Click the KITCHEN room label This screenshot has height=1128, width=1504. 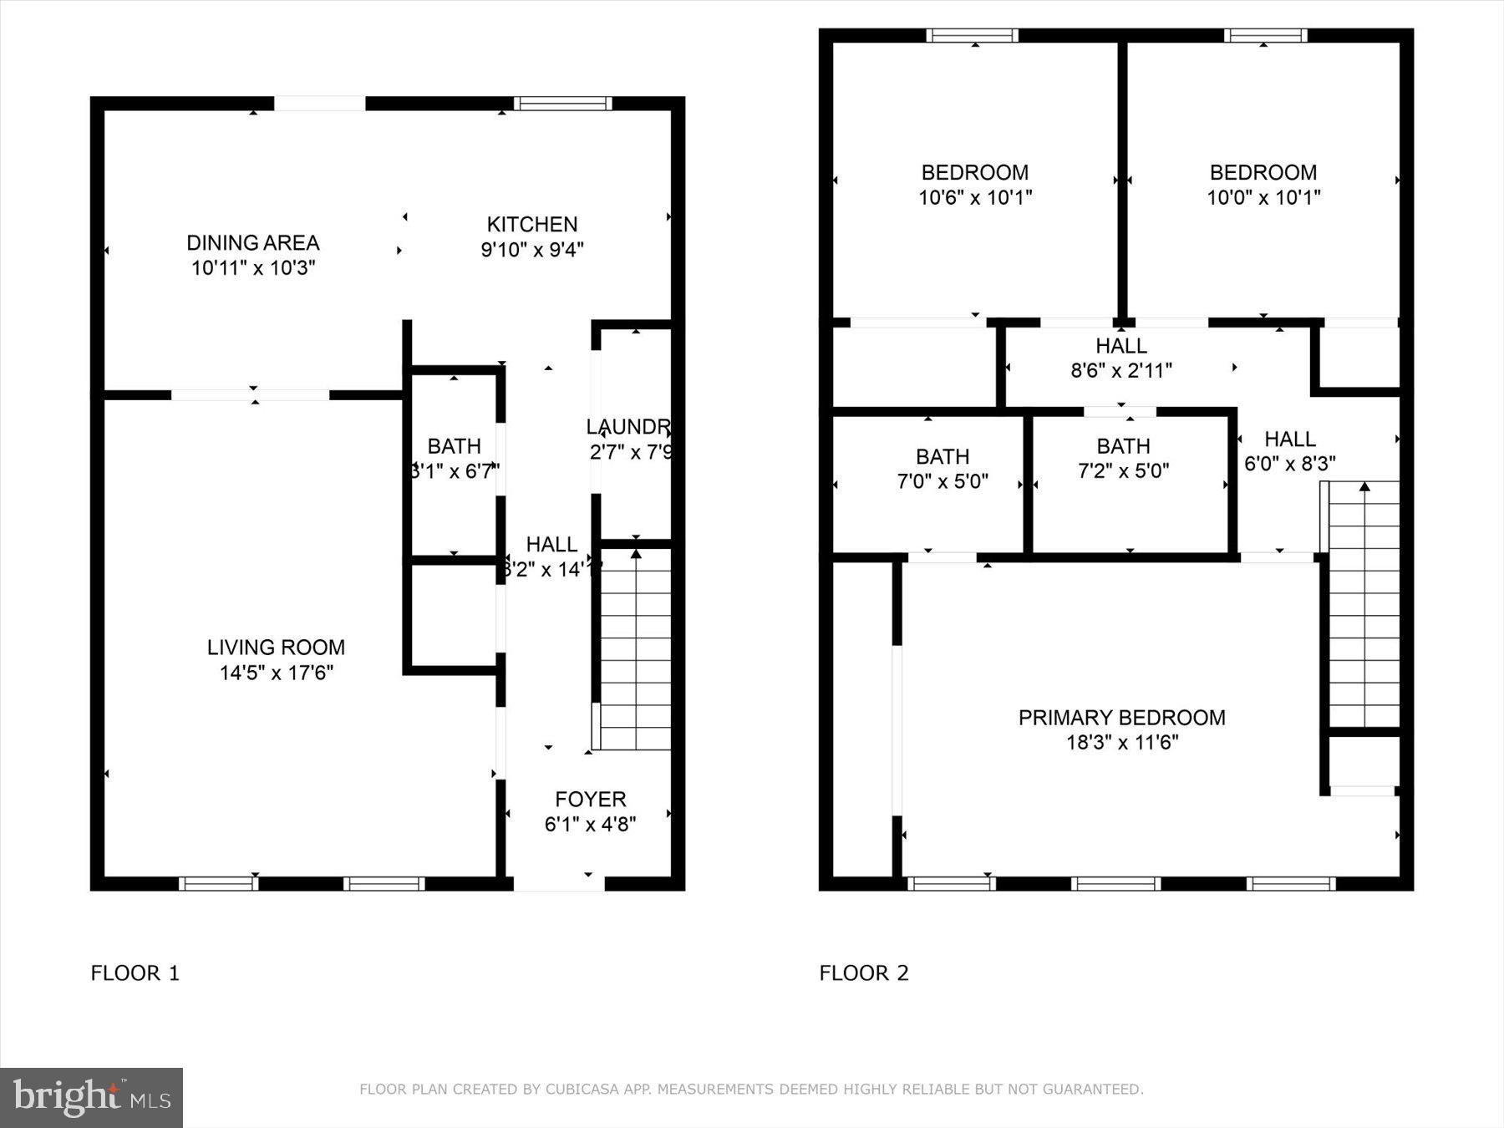[x=532, y=225]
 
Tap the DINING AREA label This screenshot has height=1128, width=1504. [x=252, y=243]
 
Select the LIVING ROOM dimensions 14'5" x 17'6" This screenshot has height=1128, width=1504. [x=276, y=673]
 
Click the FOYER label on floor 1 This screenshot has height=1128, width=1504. [x=590, y=800]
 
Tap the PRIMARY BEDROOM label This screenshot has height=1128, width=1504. [x=1121, y=718]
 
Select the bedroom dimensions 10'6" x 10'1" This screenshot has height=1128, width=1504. [x=975, y=198]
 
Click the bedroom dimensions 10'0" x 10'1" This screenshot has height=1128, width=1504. [x=1263, y=198]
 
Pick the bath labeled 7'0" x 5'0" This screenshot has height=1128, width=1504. [x=943, y=469]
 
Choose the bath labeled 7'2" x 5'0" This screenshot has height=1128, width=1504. [x=1123, y=458]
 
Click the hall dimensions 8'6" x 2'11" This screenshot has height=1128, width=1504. [x=1121, y=370]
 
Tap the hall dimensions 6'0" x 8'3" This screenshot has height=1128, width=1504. [x=1289, y=464]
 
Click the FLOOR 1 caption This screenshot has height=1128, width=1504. [x=135, y=973]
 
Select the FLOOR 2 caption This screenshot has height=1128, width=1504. [x=863, y=973]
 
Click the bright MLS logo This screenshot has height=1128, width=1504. [x=91, y=1097]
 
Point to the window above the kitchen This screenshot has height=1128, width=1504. [x=563, y=104]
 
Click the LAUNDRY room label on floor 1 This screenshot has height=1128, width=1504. [x=628, y=428]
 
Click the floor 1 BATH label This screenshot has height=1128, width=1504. [x=454, y=446]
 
